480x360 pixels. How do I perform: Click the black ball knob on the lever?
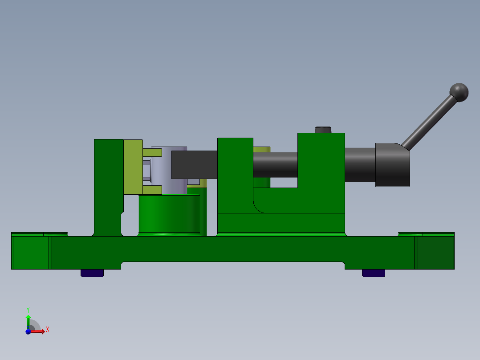pos(459,92)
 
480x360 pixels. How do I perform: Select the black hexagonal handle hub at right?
pos(392,164)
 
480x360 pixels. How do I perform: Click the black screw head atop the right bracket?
pos(323,130)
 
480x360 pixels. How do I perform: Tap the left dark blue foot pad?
pos(92,273)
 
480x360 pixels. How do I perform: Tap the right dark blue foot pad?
pos(374,273)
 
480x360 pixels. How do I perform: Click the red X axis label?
pos(47,329)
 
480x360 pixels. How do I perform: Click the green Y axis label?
pos(28,309)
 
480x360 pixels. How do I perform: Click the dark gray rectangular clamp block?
pos(194,164)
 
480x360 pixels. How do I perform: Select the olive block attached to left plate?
pos(132,167)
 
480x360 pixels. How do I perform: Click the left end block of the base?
pos(30,252)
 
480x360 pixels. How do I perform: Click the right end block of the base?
pos(435,252)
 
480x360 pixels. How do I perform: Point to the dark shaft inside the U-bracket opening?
pos(275,164)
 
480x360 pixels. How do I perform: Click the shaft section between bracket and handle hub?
pos(360,164)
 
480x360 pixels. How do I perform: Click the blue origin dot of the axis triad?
pos(28,331)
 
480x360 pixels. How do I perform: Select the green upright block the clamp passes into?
pos(235,187)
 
